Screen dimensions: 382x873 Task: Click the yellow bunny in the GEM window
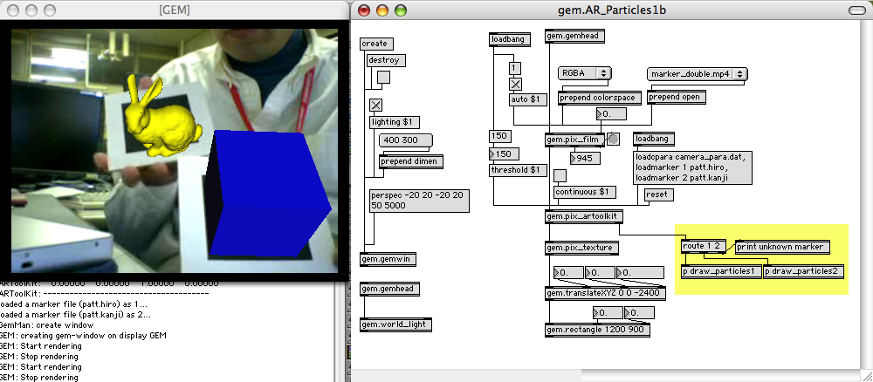pos(162,122)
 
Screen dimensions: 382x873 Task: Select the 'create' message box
pos(375,44)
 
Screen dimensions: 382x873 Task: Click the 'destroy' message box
pos(385,60)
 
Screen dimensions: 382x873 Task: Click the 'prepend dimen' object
pos(410,160)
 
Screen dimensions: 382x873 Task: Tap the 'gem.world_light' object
pos(395,324)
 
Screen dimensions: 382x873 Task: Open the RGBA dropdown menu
pos(585,73)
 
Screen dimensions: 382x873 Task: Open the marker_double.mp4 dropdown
pos(697,74)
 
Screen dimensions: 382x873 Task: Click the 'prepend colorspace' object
pos(597,97)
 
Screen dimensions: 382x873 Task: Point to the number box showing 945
pos(584,158)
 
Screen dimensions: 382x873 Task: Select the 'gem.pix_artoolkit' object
pos(582,215)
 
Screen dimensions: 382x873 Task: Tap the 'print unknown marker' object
pos(782,247)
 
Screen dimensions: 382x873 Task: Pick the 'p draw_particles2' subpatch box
pos(804,271)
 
